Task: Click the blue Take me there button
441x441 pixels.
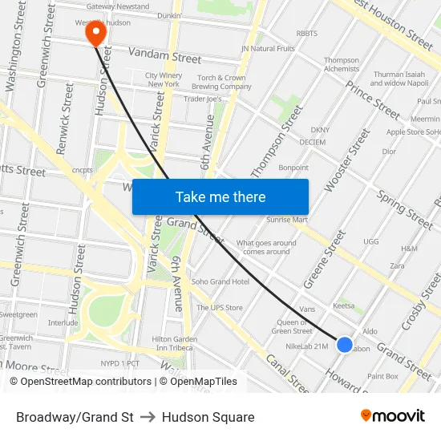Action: (220, 196)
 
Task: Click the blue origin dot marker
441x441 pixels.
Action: (344, 344)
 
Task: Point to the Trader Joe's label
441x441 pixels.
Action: (203, 99)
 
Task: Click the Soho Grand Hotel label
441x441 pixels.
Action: (220, 281)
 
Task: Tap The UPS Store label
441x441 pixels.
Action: (220, 307)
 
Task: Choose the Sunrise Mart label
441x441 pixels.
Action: (287, 219)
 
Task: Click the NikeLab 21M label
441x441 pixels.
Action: (306, 346)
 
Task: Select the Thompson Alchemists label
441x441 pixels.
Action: (342, 65)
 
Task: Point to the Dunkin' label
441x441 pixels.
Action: (168, 15)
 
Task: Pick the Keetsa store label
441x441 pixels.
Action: (343, 305)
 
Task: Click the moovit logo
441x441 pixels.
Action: (393, 415)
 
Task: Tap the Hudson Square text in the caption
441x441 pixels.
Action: (208, 417)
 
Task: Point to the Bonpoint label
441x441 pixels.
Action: (293, 168)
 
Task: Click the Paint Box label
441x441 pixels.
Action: (382, 376)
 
